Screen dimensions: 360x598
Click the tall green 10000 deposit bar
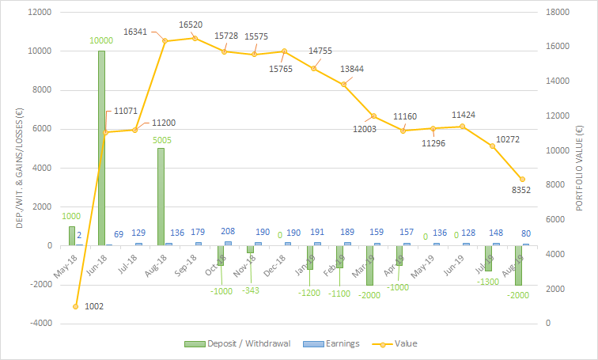[x=102, y=148]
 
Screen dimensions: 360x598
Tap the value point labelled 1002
[x=76, y=306]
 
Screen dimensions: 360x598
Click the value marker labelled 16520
[x=195, y=38]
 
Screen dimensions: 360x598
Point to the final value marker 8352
[x=521, y=180]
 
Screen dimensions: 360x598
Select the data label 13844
[x=353, y=69]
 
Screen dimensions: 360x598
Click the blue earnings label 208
[x=229, y=232]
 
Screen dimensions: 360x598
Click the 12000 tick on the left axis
[x=39, y=13]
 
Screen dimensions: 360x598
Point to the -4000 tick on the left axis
[x=39, y=324]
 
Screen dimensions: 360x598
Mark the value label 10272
[x=508, y=139]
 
